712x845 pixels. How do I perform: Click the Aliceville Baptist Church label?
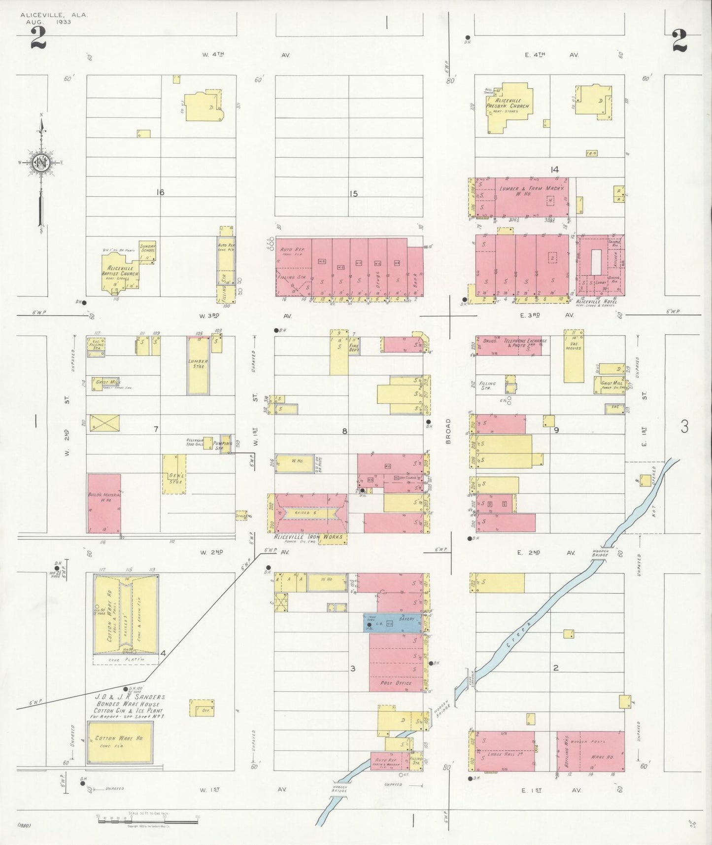coord(120,271)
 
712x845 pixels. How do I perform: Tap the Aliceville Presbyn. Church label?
coord(508,104)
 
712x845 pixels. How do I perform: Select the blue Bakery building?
coord(393,623)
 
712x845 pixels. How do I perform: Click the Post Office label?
coord(396,683)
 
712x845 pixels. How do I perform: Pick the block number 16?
coord(160,192)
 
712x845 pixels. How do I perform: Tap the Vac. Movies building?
coord(574,356)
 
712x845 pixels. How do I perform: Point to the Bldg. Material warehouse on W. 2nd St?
coord(104,503)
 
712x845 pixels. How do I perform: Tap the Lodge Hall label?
coord(501,754)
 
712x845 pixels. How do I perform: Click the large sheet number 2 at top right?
coord(678,40)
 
